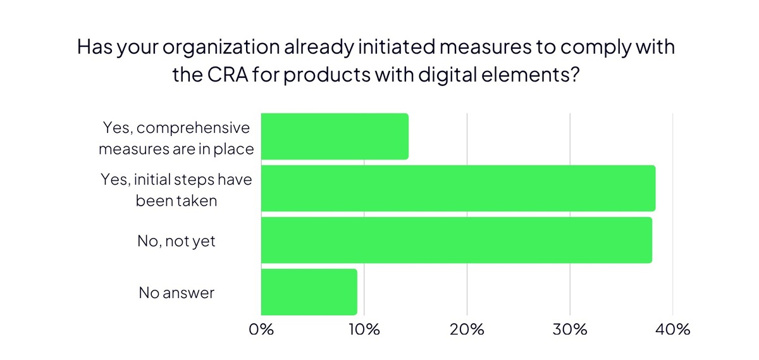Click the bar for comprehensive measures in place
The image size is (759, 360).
[335, 137]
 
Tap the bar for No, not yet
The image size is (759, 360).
[456, 240]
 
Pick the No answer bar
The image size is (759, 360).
[309, 292]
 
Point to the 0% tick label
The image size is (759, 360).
[261, 330]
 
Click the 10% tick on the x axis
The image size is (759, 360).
[364, 330]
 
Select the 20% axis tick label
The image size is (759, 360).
[467, 330]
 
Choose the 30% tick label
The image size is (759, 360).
[570, 330]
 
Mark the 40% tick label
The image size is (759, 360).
[672, 330]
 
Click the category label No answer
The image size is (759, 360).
[176, 293]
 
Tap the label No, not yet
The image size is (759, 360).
[176, 241]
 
